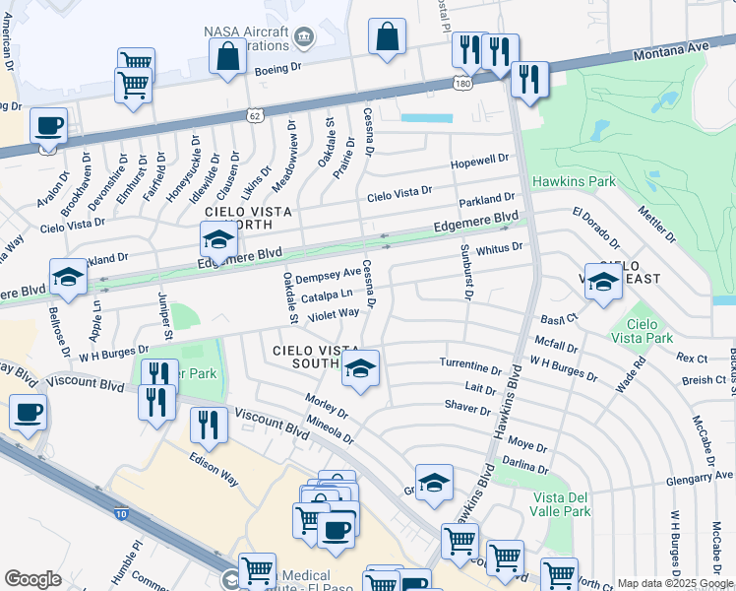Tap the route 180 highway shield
point(460,84)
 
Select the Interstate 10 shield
point(120,512)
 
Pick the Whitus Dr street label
point(499,249)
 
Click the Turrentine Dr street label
point(470,363)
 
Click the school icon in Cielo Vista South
point(361,369)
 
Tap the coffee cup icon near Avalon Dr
point(48,126)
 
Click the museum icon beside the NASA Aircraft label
point(303,40)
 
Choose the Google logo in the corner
point(32,579)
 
